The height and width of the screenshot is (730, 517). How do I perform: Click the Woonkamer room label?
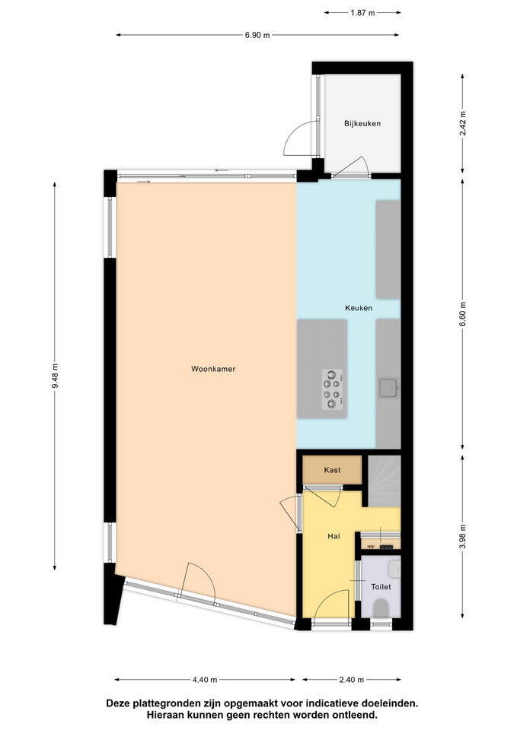(x=213, y=369)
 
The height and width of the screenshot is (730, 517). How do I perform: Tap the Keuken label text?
(x=359, y=308)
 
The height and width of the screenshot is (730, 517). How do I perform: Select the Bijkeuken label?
(x=362, y=123)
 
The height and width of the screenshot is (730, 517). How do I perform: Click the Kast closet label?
(x=332, y=470)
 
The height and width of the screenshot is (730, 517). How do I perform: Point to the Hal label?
(x=333, y=536)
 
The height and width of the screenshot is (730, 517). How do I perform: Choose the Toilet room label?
(x=381, y=586)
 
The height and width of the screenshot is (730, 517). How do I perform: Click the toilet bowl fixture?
(x=381, y=608)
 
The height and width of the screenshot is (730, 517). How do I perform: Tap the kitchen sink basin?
(x=388, y=388)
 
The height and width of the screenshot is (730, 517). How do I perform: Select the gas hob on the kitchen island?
(x=333, y=389)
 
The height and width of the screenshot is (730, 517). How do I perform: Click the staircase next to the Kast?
(x=385, y=481)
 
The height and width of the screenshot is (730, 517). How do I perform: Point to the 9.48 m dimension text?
(x=55, y=375)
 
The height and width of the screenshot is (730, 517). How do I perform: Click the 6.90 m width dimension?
(x=257, y=35)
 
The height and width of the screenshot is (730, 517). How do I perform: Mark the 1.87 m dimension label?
(x=362, y=13)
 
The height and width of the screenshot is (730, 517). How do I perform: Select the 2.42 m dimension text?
(x=462, y=123)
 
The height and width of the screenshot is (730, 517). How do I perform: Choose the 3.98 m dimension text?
(x=462, y=537)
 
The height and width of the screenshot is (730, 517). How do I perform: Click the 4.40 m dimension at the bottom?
(x=205, y=679)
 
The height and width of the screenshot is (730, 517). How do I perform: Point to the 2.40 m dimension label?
(x=352, y=679)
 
